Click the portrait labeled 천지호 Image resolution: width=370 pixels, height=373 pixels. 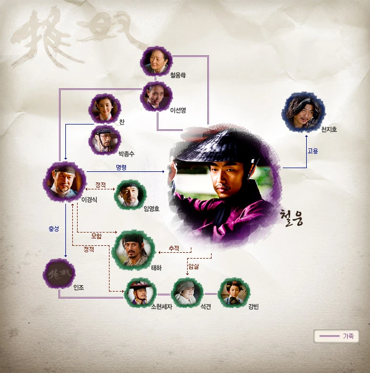point(305,112)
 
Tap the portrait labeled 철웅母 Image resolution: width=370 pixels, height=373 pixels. point(156,63)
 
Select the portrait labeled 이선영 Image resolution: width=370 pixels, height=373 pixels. point(156,97)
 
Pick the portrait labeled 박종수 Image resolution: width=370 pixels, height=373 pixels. point(105,140)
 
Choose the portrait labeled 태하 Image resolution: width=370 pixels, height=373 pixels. point(131,248)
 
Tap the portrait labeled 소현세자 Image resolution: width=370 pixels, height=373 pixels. point(140,293)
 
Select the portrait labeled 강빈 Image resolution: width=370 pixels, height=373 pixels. point(234,293)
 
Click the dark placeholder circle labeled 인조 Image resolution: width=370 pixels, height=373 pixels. point(58,275)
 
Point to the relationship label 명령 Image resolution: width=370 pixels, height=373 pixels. point(122,168)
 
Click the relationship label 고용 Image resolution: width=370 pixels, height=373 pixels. point(313,151)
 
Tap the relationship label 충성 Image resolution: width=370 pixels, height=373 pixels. point(53,229)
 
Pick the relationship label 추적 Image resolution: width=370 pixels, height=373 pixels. point(173,248)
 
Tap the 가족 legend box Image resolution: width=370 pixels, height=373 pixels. point(337,336)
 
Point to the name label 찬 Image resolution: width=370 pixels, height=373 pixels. point(122,122)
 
